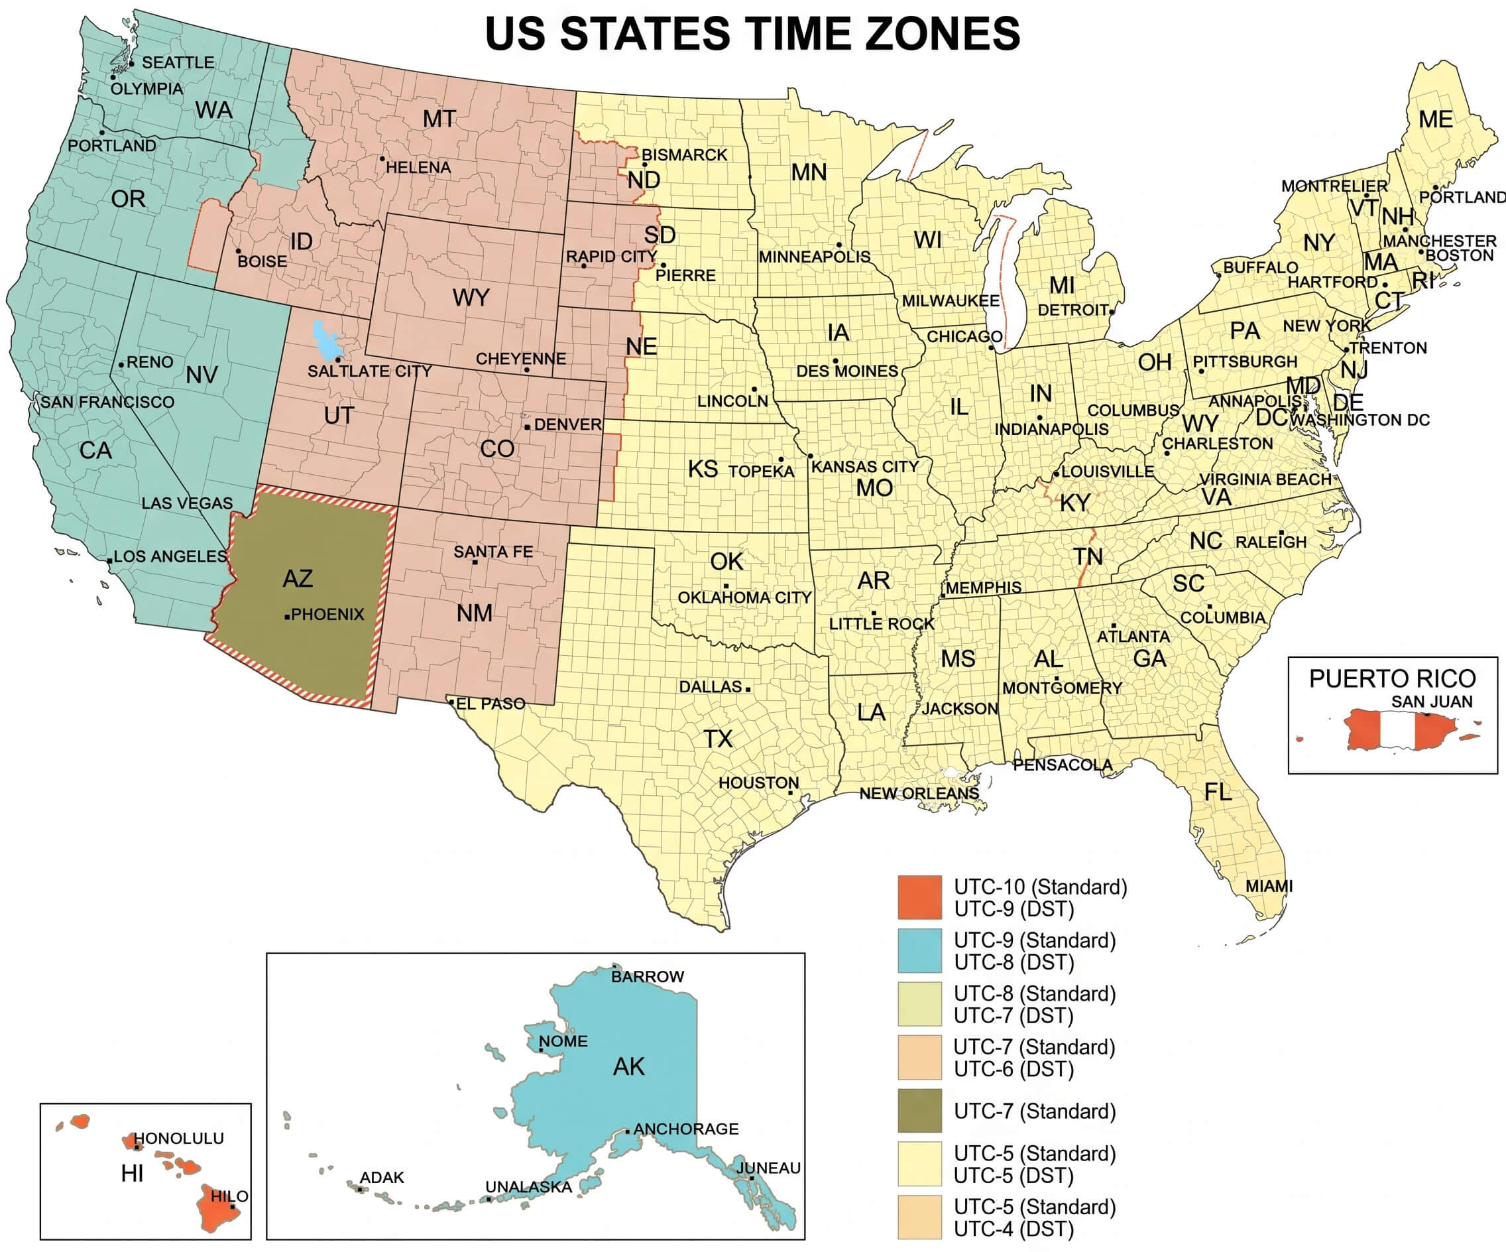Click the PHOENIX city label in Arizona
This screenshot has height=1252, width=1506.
click(x=327, y=614)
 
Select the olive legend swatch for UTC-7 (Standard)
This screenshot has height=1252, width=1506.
click(x=919, y=1111)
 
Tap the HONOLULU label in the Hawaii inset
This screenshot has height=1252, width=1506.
click(x=178, y=1138)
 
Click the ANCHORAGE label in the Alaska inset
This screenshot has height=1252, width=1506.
click(x=685, y=1129)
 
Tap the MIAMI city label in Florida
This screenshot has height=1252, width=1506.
click(x=1269, y=886)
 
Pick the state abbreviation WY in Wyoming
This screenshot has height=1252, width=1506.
click(x=471, y=297)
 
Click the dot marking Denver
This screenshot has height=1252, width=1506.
click(x=527, y=427)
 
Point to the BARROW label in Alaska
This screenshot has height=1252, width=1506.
click(x=647, y=977)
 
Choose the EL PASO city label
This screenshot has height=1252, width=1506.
click(x=491, y=704)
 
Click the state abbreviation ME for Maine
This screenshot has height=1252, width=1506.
click(x=1435, y=119)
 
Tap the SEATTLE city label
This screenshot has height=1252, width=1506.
click(x=177, y=62)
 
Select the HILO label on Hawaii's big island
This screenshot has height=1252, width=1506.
click(x=229, y=1196)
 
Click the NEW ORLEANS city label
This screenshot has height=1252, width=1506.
click(x=919, y=793)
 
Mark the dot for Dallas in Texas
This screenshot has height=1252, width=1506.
click(x=748, y=689)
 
